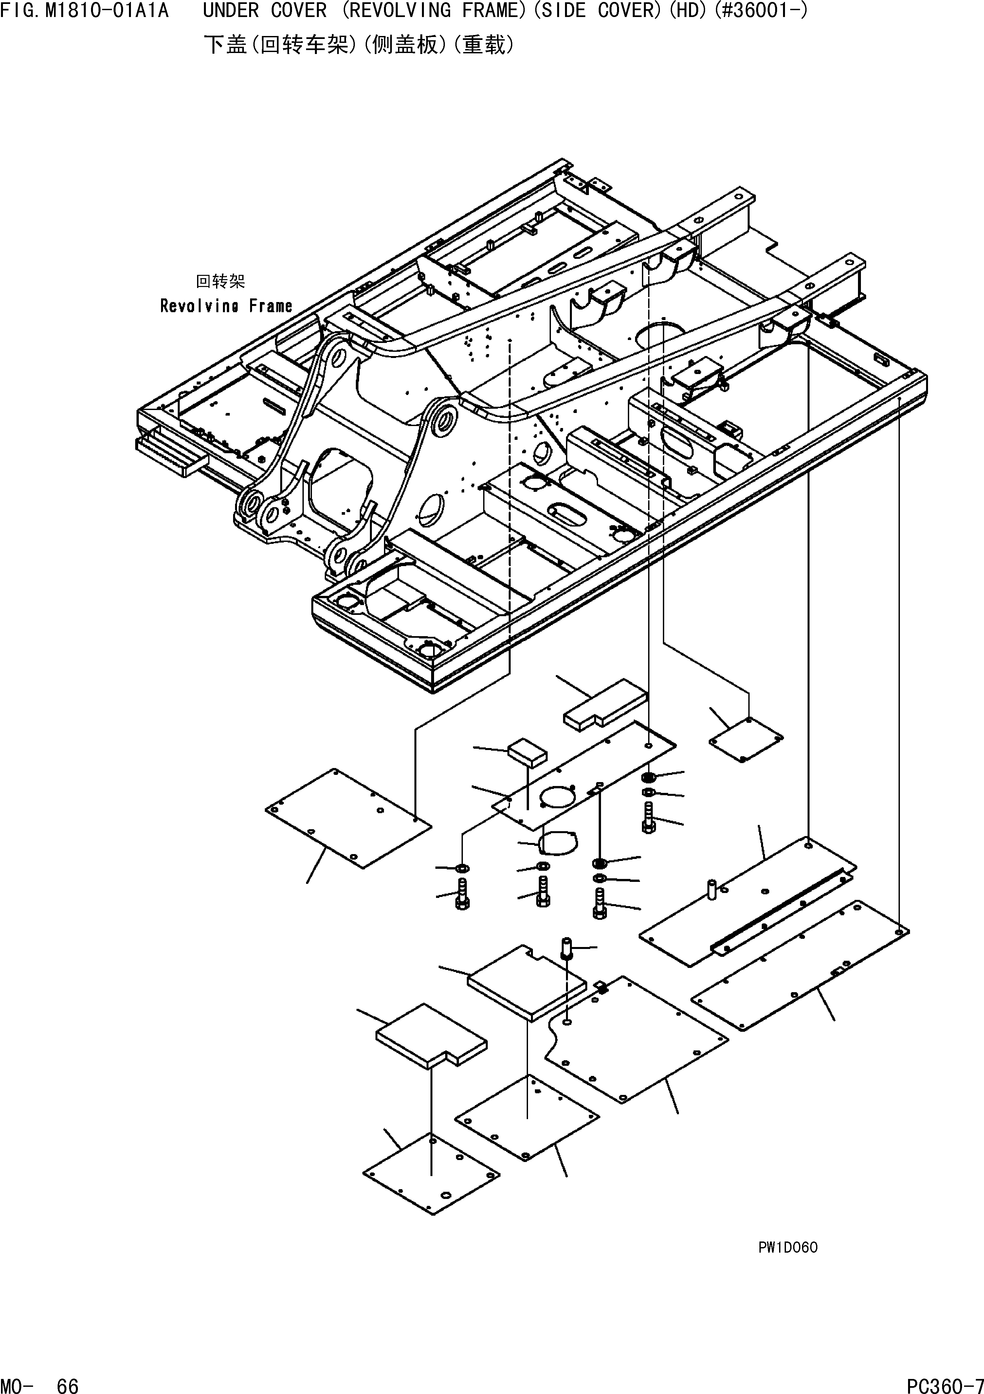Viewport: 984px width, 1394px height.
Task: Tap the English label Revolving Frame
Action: (226, 306)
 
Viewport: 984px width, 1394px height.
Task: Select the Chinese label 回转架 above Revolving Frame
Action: (220, 281)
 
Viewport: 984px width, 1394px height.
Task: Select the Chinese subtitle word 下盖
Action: (225, 45)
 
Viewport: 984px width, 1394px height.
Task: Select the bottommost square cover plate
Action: (431, 1172)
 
